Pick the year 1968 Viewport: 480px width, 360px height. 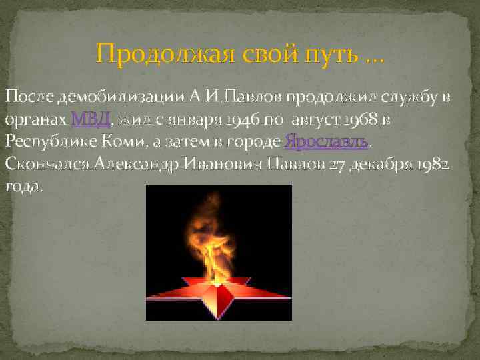click(x=362, y=120)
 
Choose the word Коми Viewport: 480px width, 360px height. click(x=119, y=141)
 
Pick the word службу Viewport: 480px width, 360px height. click(x=411, y=99)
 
